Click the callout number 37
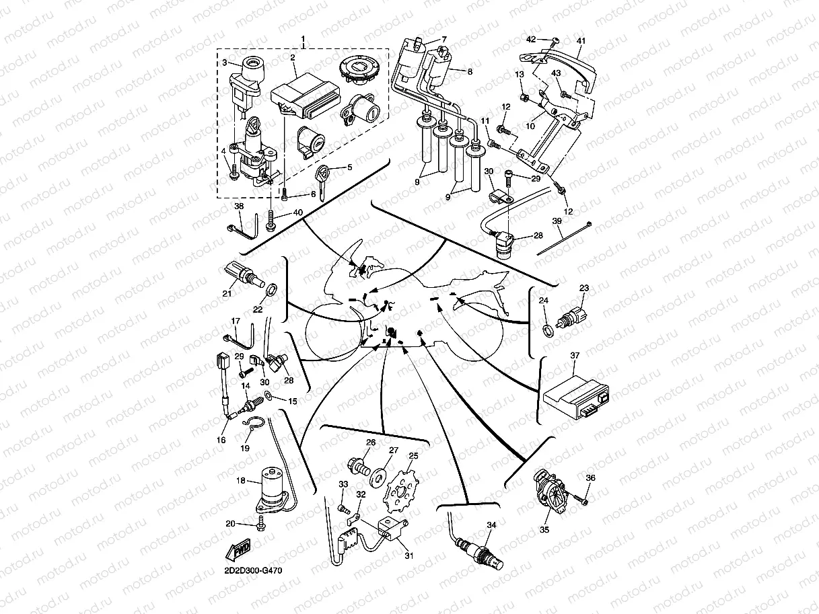(575, 355)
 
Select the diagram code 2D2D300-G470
(253, 570)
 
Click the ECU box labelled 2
(306, 96)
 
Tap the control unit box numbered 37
(576, 398)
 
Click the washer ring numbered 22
(272, 289)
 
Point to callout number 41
(581, 41)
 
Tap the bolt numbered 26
(358, 466)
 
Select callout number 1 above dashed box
(303, 39)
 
